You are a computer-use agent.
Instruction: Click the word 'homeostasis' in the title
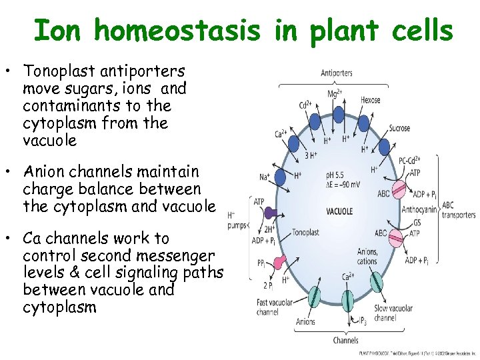click(177, 30)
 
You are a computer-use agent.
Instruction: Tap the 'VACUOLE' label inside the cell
click(339, 211)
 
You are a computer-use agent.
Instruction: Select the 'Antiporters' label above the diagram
click(337, 73)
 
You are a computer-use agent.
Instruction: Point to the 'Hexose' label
click(370, 100)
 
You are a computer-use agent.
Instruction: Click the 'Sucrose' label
click(399, 128)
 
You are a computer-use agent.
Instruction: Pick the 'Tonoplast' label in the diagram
click(306, 233)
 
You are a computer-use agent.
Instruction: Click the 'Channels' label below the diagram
click(346, 340)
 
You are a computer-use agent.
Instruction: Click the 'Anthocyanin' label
click(420, 209)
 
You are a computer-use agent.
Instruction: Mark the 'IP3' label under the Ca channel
click(362, 321)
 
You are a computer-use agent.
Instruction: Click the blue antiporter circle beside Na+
click(283, 177)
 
